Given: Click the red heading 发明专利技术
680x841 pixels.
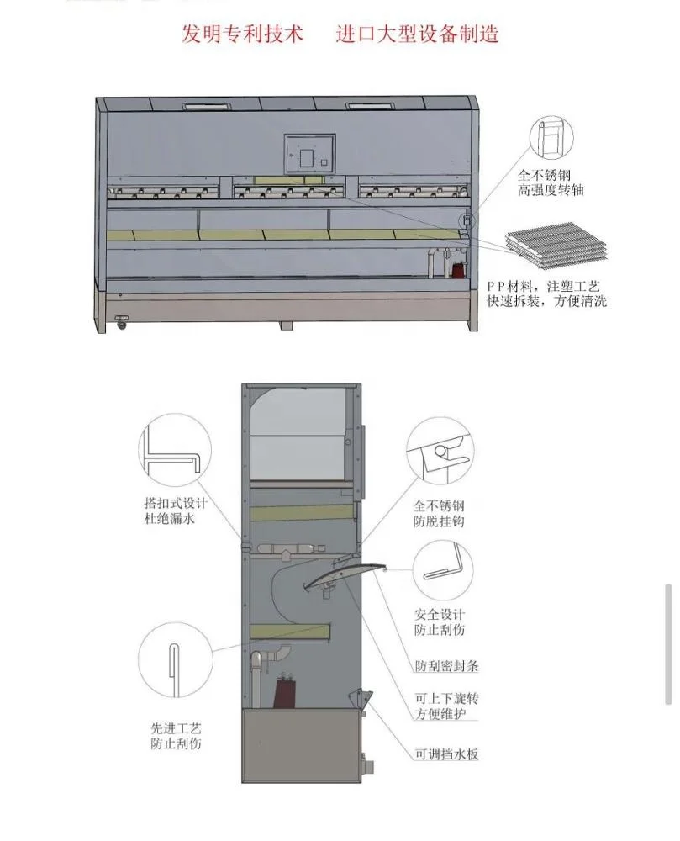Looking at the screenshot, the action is tap(235, 34).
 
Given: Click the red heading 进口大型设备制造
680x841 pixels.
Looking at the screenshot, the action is tap(418, 34).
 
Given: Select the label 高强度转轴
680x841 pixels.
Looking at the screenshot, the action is tap(551, 192).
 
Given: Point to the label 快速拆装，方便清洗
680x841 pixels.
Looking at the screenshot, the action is tap(557, 301).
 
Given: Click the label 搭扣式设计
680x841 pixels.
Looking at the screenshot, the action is tap(176, 505).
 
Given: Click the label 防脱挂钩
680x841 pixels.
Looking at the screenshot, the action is tap(438, 522).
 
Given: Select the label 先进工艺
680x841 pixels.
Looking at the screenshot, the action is tap(176, 727).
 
